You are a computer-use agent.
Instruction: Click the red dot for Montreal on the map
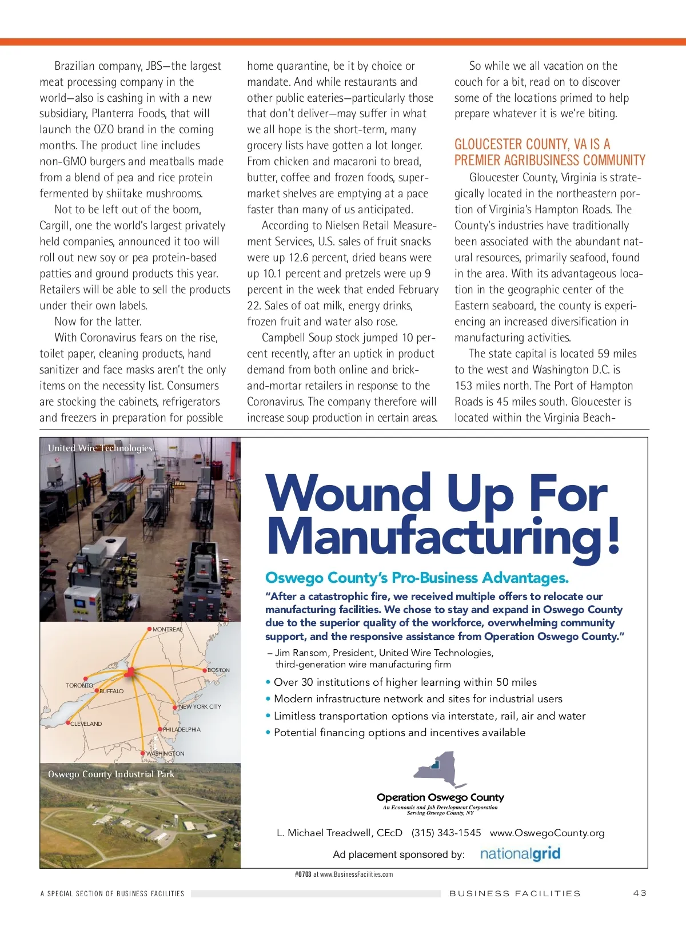pyautogui.click(x=150, y=629)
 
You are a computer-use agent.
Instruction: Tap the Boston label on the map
pyautogui.click(x=218, y=670)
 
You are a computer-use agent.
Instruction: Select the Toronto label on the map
pyautogui.click(x=79, y=685)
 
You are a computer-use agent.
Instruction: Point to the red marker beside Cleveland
pyautogui.click(x=68, y=723)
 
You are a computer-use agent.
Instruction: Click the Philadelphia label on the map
pyautogui.click(x=182, y=729)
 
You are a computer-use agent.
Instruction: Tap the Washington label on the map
pyautogui.click(x=165, y=753)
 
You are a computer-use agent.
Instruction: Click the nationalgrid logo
pyautogui.click(x=520, y=854)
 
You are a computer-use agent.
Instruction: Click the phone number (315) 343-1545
pyautogui.click(x=446, y=833)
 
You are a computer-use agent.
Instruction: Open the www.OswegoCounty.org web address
pyautogui.click(x=547, y=833)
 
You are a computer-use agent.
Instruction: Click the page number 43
pyautogui.click(x=640, y=893)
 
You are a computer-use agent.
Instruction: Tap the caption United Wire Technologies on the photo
pyautogui.click(x=100, y=448)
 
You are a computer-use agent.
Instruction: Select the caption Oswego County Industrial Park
pyautogui.click(x=111, y=774)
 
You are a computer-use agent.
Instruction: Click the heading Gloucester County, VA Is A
pyautogui.click(x=532, y=144)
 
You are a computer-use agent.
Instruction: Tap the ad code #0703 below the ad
pyautogui.click(x=303, y=874)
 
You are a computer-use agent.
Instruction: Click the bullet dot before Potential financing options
pyautogui.click(x=268, y=733)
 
